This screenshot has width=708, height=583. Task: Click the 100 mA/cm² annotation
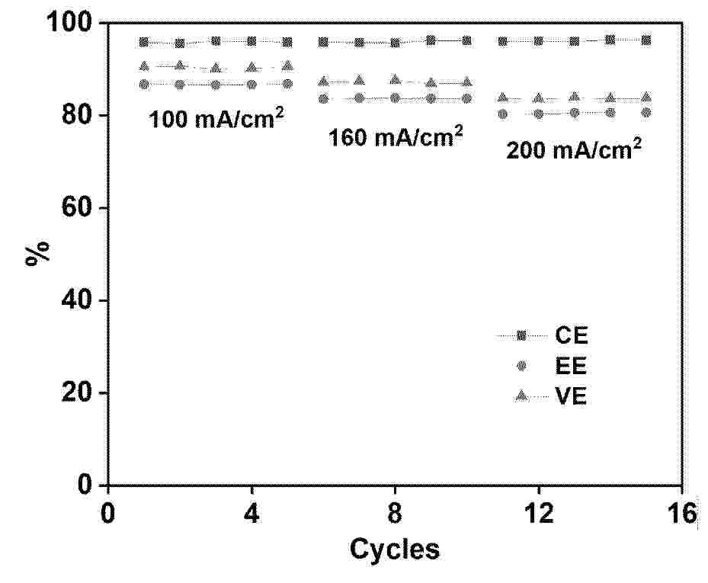click(x=212, y=119)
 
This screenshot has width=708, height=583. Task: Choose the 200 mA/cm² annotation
click(x=573, y=149)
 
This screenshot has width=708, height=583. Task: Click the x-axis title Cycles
click(x=394, y=549)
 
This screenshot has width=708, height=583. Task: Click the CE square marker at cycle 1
click(x=144, y=42)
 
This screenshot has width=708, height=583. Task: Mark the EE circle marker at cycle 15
click(x=646, y=112)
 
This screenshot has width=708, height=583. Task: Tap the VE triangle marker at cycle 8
click(x=395, y=79)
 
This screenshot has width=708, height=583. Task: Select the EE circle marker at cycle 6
click(x=323, y=98)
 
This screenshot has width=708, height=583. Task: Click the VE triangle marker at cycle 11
click(x=503, y=98)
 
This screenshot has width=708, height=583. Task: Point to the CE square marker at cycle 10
click(x=467, y=40)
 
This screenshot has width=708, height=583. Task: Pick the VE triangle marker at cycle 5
click(x=287, y=66)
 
